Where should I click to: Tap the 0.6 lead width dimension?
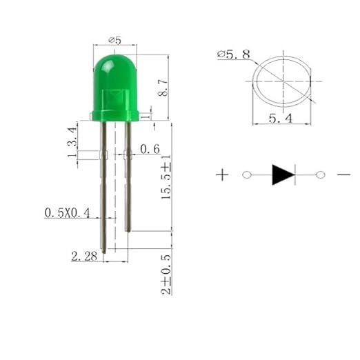coord(150,149)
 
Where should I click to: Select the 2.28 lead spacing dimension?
coord(85,257)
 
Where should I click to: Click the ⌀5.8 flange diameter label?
coord(234,53)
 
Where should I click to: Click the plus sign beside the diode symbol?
coord(222,175)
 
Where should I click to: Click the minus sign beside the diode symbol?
coord(343,175)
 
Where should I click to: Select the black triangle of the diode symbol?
coord(283,175)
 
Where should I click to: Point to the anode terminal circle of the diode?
coord(246,175)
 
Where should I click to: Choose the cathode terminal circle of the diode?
coord(319,175)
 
